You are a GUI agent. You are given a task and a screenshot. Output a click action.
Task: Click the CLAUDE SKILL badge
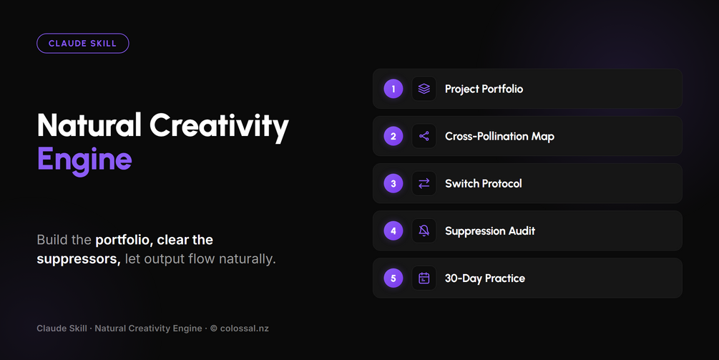(x=82, y=44)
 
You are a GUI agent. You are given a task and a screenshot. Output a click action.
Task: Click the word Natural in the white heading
(x=89, y=125)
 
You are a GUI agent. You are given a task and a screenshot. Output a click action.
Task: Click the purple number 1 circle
(x=393, y=89)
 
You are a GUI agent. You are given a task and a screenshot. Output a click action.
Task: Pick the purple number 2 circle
(x=393, y=136)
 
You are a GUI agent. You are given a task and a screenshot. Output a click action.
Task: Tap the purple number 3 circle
(x=393, y=183)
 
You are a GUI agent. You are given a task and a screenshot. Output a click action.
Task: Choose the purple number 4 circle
(x=393, y=230)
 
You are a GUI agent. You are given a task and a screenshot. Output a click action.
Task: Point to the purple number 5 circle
(x=393, y=278)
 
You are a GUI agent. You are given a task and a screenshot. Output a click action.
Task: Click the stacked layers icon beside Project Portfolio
(x=424, y=89)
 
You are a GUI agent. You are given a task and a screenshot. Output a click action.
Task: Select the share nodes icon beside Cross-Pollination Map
(x=424, y=136)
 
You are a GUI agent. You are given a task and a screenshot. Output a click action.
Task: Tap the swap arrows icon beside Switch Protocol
(x=424, y=183)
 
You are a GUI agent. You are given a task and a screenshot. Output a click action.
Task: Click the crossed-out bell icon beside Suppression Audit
(x=424, y=230)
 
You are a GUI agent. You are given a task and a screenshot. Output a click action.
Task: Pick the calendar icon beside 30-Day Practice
(x=424, y=278)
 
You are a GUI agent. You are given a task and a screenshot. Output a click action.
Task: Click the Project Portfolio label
(x=484, y=89)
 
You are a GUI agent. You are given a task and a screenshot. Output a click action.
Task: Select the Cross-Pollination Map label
(x=499, y=136)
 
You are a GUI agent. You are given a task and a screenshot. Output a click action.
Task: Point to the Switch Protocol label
(x=484, y=183)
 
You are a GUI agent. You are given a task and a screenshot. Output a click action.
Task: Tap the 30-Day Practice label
(x=484, y=278)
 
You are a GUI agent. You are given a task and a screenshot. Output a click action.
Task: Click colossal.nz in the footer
(x=245, y=329)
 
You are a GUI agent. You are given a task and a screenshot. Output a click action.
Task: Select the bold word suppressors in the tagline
(x=79, y=259)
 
